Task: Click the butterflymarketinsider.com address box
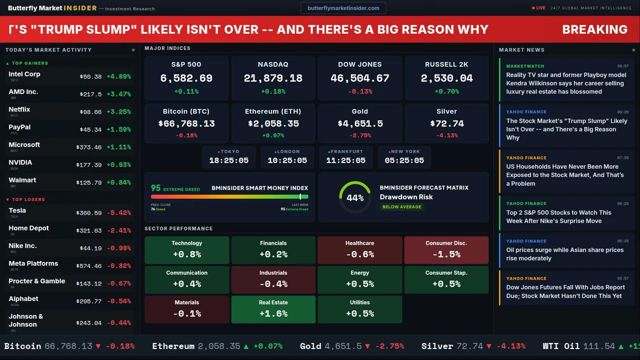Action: pos(343,8)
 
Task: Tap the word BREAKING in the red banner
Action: pos(594,29)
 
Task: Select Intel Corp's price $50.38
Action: pos(90,76)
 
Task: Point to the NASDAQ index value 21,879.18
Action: pos(273,78)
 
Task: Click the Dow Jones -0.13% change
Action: pos(360,91)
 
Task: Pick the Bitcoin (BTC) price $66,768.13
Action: pos(186,123)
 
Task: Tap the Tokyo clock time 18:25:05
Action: pos(228,160)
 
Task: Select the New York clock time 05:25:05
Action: pos(404,160)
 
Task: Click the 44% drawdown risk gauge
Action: pos(355,197)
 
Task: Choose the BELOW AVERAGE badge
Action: pos(401,207)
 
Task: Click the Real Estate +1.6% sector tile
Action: pos(273,309)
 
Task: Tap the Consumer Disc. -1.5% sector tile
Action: pos(446,250)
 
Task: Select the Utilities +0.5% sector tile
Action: pos(359,309)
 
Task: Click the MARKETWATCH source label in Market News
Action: pos(525,66)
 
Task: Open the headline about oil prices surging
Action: pos(564,254)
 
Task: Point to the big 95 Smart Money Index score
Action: pos(156,188)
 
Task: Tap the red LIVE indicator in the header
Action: pos(540,8)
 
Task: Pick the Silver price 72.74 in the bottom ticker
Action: pos(469,346)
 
